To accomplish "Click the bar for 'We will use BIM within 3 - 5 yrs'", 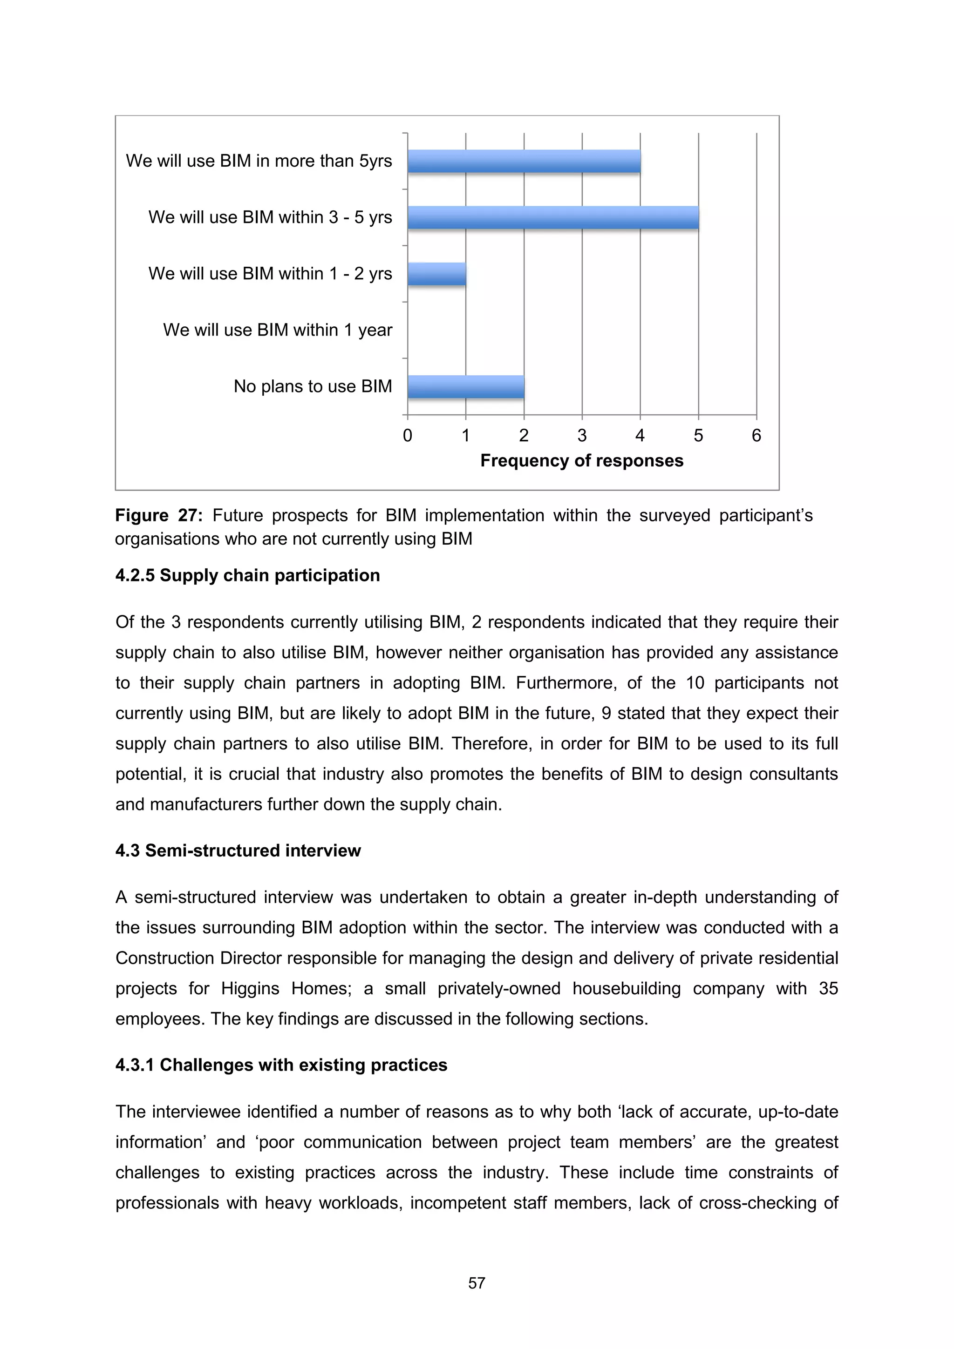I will (552, 217).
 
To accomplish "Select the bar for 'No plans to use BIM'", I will (465, 387).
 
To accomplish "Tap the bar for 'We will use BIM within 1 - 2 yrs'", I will (437, 274).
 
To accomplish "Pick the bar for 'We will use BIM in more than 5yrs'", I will (524, 161).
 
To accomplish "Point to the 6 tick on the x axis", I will (756, 435).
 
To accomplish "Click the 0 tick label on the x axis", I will (407, 435).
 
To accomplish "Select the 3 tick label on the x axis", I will (582, 435).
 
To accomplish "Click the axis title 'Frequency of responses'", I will (581, 461).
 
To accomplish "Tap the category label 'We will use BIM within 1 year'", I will (278, 330).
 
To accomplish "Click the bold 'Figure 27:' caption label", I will (159, 515).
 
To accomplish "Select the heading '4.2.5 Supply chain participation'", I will (247, 575).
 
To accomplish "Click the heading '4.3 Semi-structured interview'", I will (238, 850).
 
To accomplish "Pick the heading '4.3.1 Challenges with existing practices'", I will (281, 1065).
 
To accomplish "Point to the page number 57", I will (477, 1283).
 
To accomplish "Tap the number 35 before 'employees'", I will (828, 988).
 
